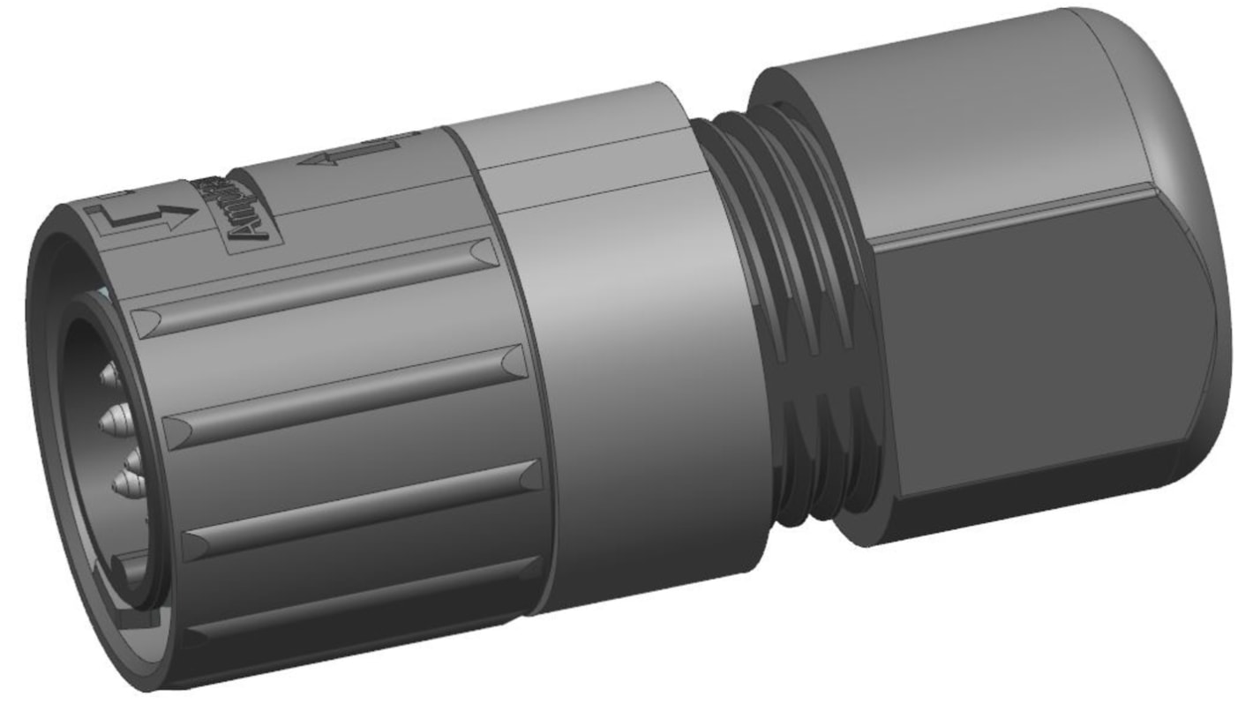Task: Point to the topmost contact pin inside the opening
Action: point(108,378)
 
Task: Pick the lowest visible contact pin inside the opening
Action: point(124,482)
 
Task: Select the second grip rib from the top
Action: point(344,393)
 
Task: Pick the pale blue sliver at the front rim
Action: point(104,291)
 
